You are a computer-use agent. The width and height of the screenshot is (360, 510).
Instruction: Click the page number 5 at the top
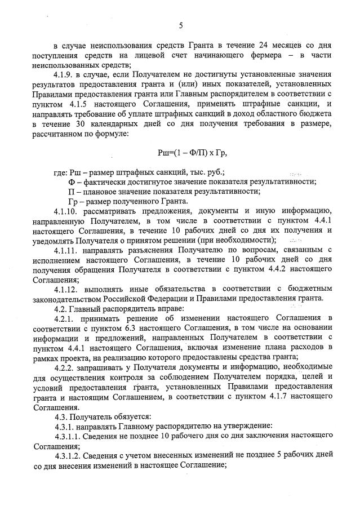[180, 25]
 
